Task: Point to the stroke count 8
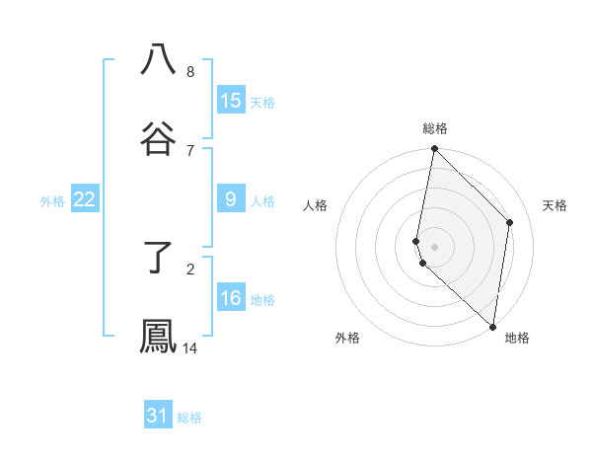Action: (190, 71)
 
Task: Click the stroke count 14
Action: (190, 348)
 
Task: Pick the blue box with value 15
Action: (231, 100)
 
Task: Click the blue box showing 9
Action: (231, 199)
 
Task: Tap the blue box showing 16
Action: (231, 298)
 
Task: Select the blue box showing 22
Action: (85, 199)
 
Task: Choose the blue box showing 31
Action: (158, 416)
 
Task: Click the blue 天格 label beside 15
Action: (262, 102)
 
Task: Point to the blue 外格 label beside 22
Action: (52, 201)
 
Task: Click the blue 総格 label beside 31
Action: (189, 418)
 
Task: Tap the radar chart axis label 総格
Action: (435, 128)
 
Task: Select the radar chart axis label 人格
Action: (315, 205)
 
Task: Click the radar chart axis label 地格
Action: (517, 338)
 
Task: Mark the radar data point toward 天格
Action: (510, 222)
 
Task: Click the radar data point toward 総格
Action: (434, 149)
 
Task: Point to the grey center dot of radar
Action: (434, 246)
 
